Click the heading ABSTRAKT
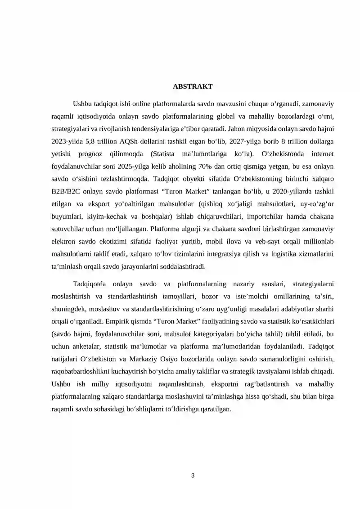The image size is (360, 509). click(193, 86)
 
